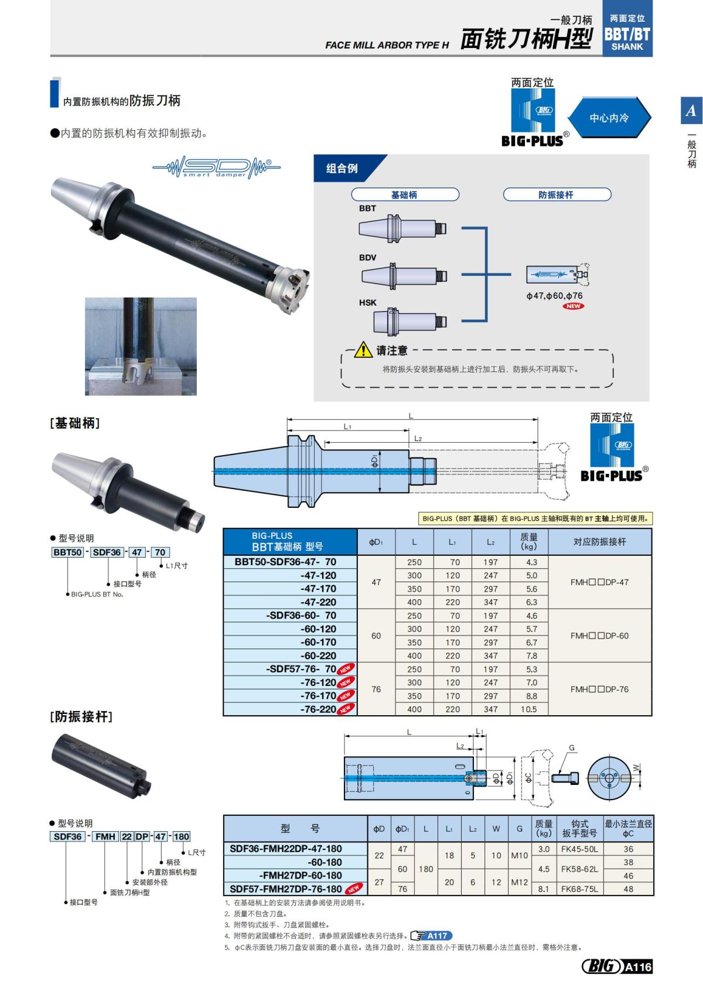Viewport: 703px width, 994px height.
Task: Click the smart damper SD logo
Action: (216, 168)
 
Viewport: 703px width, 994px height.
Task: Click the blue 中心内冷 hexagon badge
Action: (609, 118)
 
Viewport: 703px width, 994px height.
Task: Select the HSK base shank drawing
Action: (410, 321)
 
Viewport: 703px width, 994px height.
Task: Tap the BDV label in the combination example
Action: (368, 258)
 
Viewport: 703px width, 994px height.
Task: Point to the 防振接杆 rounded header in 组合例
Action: (557, 194)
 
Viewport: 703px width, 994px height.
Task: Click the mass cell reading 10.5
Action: (528, 709)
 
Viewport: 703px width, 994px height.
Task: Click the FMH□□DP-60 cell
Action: (599, 636)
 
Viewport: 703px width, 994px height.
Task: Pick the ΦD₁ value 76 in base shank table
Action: (376, 689)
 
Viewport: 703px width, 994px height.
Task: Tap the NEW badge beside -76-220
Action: (346, 709)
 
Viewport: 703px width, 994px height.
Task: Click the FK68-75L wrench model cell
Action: (579, 889)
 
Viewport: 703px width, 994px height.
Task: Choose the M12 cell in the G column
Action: (519, 883)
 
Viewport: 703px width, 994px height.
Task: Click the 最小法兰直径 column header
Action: (628, 828)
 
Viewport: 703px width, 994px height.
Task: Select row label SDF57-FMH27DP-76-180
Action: (285, 889)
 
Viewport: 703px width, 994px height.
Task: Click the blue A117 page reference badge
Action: (432, 935)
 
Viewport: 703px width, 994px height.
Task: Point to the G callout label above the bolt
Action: (572, 748)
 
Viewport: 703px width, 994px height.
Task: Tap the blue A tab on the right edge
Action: (691, 110)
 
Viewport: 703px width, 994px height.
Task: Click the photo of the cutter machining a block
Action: (141, 346)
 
